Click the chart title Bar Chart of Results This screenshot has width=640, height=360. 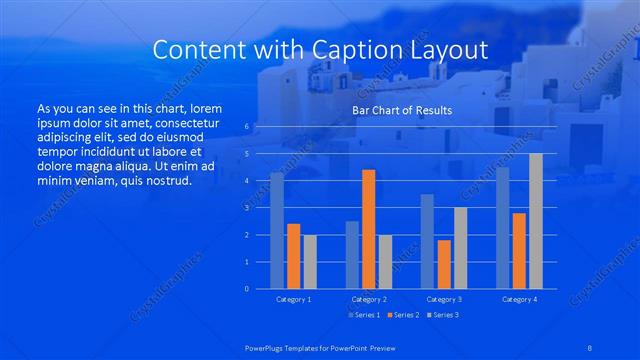point(402,110)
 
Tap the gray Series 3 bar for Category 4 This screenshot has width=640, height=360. point(536,221)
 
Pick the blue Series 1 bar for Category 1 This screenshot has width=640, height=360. point(277,230)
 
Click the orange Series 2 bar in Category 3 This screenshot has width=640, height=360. point(444,264)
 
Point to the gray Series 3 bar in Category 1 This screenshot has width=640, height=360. point(310,261)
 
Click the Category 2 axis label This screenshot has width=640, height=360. point(368,299)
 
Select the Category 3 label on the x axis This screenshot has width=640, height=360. point(444,299)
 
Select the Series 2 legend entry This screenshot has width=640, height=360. point(402,315)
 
